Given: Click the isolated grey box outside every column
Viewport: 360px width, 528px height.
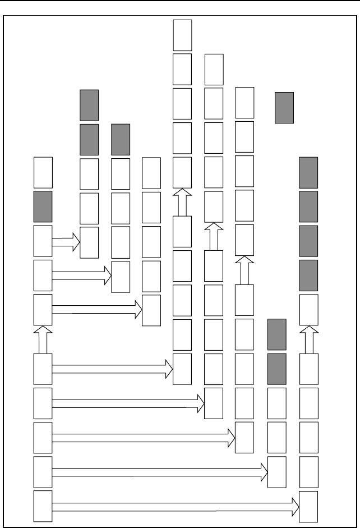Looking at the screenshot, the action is click(284, 108).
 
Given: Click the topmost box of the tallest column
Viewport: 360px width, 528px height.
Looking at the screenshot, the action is click(182, 35).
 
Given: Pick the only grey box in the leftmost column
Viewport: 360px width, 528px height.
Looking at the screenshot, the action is click(43, 206).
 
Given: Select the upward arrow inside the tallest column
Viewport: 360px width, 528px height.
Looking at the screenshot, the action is click(182, 202).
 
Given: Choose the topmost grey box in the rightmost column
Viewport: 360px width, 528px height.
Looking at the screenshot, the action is click(308, 172).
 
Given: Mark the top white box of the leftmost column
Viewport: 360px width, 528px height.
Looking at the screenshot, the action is click(43, 172).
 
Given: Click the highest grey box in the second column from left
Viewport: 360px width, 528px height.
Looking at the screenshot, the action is click(89, 105).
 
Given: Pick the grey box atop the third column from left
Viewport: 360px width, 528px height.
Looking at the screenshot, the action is click(121, 139).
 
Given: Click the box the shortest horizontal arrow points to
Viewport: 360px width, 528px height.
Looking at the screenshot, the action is click(89, 242).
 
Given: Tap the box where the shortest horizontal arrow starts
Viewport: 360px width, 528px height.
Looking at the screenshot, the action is click(43, 241).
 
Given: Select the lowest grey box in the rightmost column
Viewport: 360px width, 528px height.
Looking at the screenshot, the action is click(308, 275).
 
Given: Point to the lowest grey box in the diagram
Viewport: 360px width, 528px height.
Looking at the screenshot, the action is click(277, 369).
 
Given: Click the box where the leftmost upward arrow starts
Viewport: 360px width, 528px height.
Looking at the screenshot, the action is click(43, 369).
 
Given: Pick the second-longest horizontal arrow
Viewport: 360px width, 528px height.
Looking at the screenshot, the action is click(160, 474).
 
